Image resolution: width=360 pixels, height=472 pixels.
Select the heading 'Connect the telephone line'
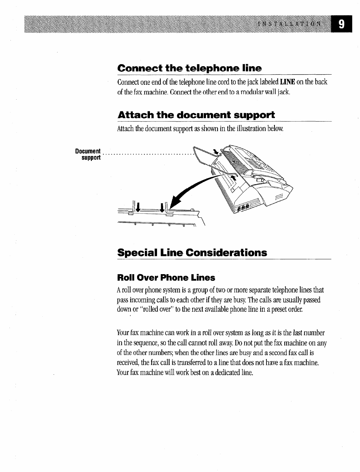pos(189,69)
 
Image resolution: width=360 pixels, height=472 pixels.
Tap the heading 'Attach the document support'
pos(196,115)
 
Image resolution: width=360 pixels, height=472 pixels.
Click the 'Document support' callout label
pos(88,154)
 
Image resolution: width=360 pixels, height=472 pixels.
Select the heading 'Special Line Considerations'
pos(192,253)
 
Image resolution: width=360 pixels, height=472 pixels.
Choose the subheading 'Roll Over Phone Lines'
pos(166,278)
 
